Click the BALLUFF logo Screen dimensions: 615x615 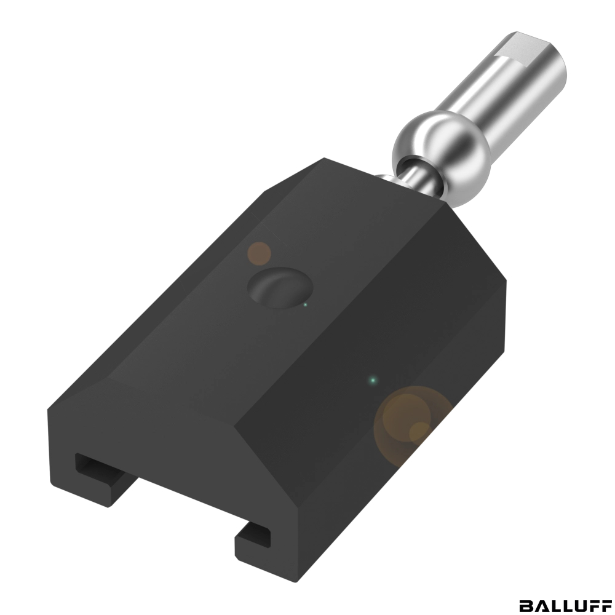point(566,605)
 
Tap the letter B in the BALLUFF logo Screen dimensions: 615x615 point(526,605)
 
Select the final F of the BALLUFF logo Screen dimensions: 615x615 point(606,605)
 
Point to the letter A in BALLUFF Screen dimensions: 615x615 point(540,605)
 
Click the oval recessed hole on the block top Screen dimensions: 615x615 point(280,287)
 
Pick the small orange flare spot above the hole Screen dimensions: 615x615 point(260,253)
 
